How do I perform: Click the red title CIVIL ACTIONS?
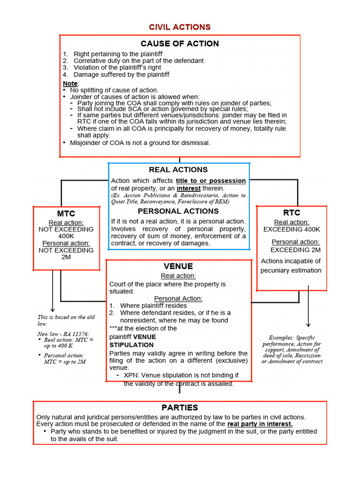tap(180, 27)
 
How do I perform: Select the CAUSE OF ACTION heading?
tap(180, 44)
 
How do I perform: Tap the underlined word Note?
tap(70, 83)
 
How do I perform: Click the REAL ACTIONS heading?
tap(178, 170)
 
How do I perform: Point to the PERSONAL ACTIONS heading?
tap(178, 211)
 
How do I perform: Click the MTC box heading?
tap(66, 214)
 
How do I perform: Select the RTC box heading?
tap(292, 213)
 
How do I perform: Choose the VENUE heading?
tap(178, 266)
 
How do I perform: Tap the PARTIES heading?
tap(180, 407)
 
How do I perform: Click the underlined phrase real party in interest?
tap(260, 424)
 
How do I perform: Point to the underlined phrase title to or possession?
tap(210, 181)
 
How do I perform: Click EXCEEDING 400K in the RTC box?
tap(292, 229)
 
